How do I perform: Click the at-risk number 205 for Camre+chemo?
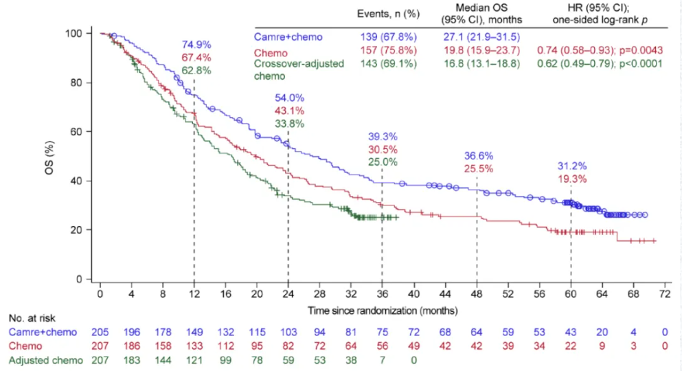(100, 333)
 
